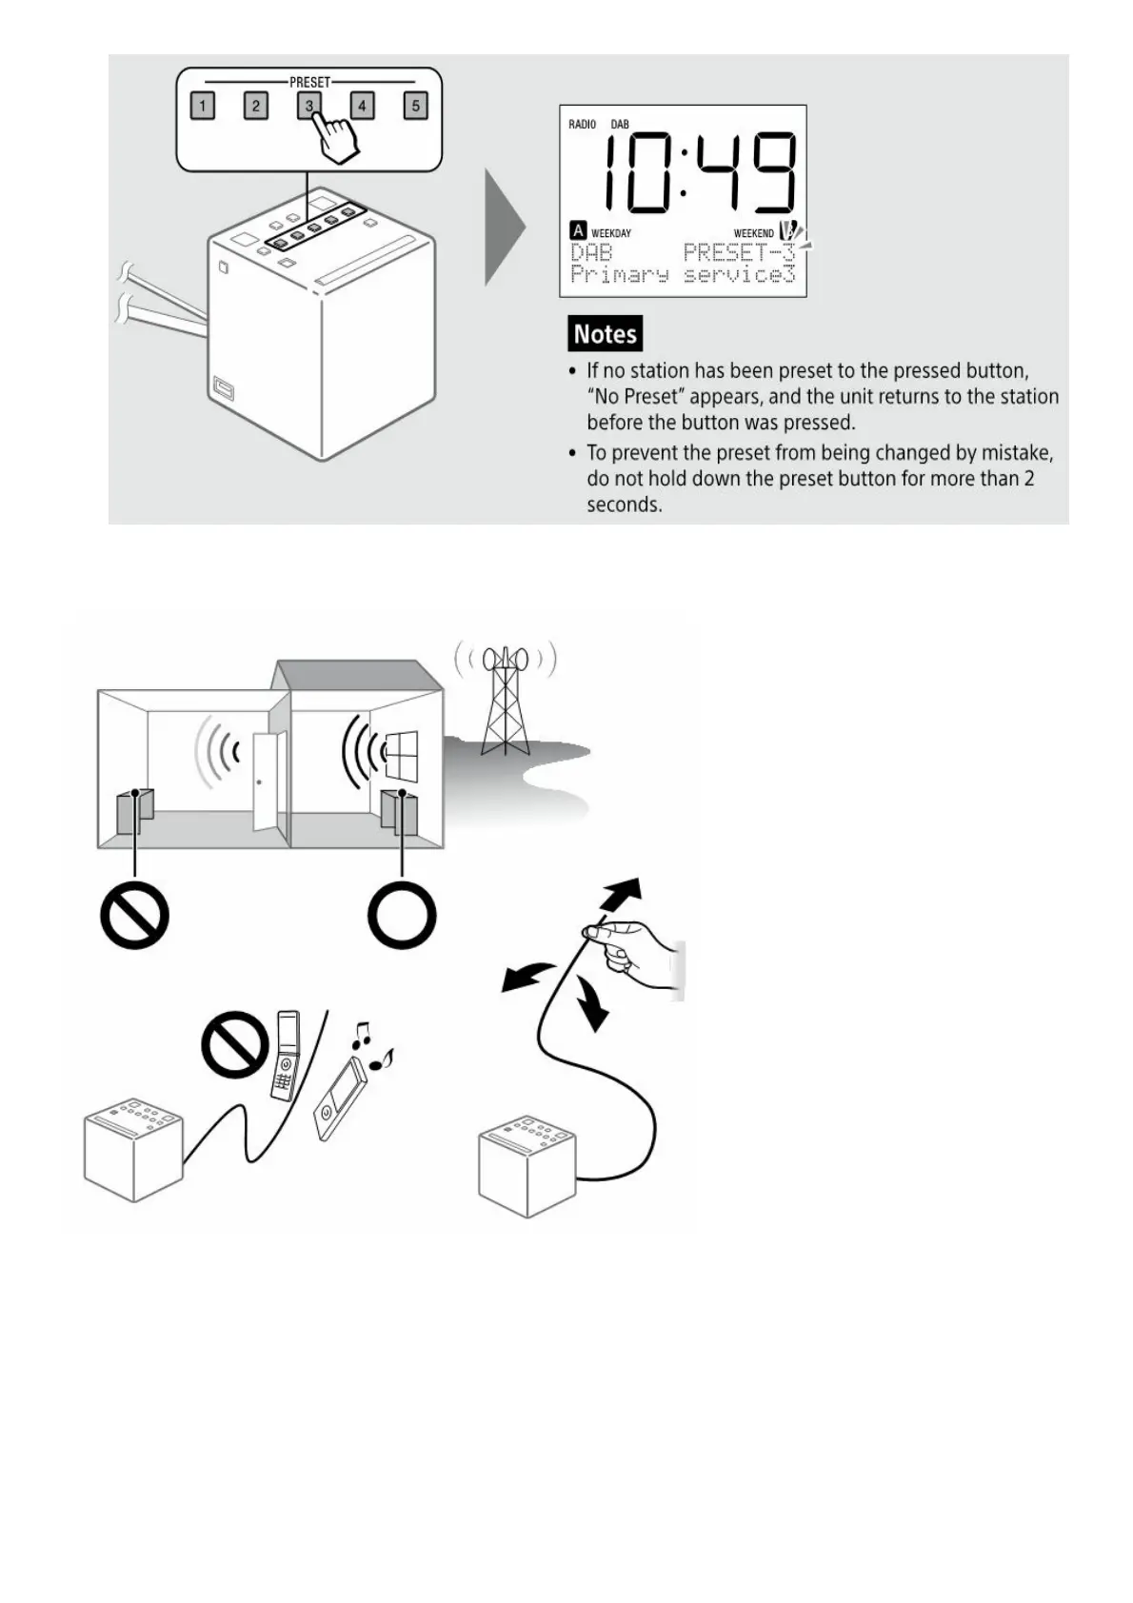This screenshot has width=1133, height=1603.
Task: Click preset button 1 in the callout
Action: click(202, 106)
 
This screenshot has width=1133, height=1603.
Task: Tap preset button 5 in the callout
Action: click(415, 106)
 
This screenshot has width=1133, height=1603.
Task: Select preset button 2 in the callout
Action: click(255, 106)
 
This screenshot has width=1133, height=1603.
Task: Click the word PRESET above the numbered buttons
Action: click(309, 83)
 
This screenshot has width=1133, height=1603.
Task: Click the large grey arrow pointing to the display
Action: click(504, 228)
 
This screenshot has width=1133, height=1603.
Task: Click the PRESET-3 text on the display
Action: click(738, 252)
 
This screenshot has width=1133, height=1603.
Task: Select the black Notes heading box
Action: click(605, 334)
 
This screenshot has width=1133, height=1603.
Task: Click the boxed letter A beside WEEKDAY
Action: click(578, 230)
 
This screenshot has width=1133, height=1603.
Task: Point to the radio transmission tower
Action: click(505, 700)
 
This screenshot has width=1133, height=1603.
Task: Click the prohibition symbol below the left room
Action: click(135, 916)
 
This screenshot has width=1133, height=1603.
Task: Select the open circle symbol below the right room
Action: click(402, 916)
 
